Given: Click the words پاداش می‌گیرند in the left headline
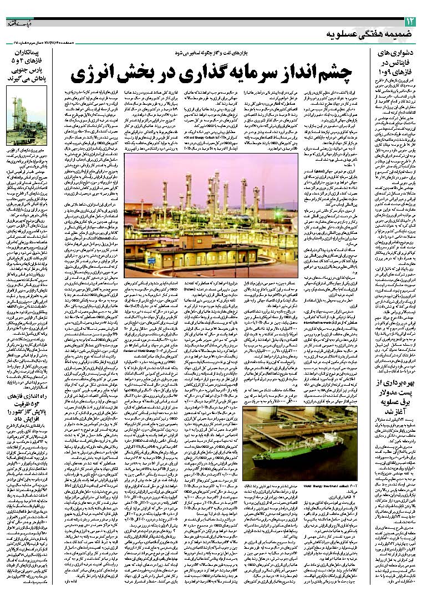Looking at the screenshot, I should coord(30,79).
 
